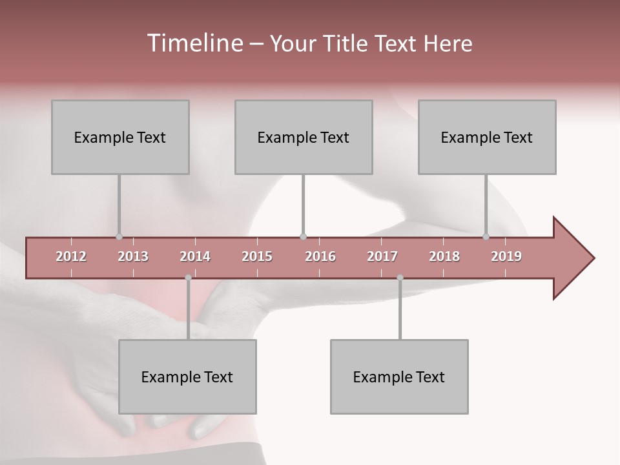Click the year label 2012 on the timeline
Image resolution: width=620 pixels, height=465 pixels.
point(71,256)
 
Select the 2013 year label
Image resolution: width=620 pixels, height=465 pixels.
point(133,256)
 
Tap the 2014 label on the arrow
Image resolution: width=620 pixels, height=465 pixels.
point(195,256)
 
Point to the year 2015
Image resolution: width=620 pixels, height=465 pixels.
point(257,256)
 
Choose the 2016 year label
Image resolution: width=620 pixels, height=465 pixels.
point(320,256)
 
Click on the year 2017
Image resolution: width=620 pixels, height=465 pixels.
point(382,256)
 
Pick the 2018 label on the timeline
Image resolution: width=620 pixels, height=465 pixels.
point(444,256)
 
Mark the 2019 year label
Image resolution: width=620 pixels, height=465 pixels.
point(506,256)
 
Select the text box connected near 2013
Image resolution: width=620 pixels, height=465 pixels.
point(120,137)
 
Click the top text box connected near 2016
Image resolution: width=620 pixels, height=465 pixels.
point(304,137)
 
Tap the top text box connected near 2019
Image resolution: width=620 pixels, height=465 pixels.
point(487,137)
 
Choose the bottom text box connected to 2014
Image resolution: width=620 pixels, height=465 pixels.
point(187,377)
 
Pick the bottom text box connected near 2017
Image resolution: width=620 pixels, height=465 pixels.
point(399,377)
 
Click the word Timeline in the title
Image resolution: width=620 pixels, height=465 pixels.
point(194,43)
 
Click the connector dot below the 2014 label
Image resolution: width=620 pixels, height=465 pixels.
point(188,278)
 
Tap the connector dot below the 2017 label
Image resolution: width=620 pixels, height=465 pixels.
point(400,278)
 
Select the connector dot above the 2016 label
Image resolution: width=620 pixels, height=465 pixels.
point(303,236)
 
